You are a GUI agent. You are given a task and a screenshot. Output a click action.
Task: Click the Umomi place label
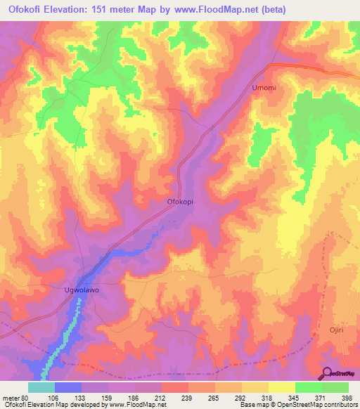(264, 88)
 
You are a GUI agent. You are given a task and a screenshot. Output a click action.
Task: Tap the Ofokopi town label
(179, 202)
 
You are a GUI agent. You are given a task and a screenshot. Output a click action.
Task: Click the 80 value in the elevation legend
(27, 398)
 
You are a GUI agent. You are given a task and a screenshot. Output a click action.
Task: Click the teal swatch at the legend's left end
(41, 387)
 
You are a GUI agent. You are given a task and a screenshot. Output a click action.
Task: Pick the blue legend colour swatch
(68, 387)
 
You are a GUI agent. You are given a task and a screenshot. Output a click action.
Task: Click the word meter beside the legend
(11, 398)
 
